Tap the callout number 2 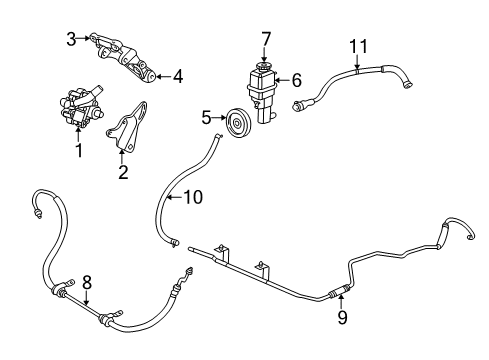click(123, 172)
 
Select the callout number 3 click(71, 39)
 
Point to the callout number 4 click(178, 76)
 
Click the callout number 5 click(206, 118)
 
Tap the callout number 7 click(266, 38)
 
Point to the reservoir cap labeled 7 click(266, 67)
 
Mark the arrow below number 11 click(358, 62)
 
